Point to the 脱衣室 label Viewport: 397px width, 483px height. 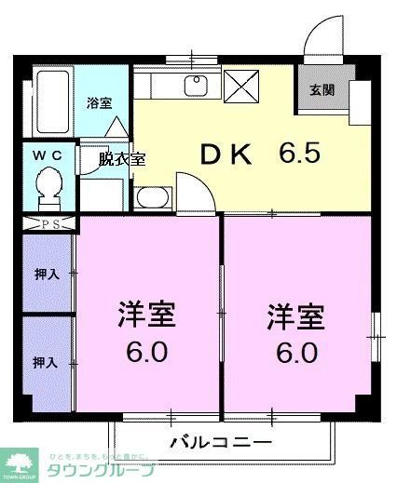pyautogui.click(x=122, y=159)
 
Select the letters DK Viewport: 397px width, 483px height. pyautogui.click(x=226, y=155)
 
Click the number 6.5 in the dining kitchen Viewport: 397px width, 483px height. pyautogui.click(x=303, y=152)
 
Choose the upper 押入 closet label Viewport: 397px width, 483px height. pyautogui.click(x=47, y=275)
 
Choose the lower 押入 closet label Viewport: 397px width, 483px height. pyautogui.click(x=47, y=360)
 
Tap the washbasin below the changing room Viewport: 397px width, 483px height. pyautogui.click(x=151, y=198)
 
